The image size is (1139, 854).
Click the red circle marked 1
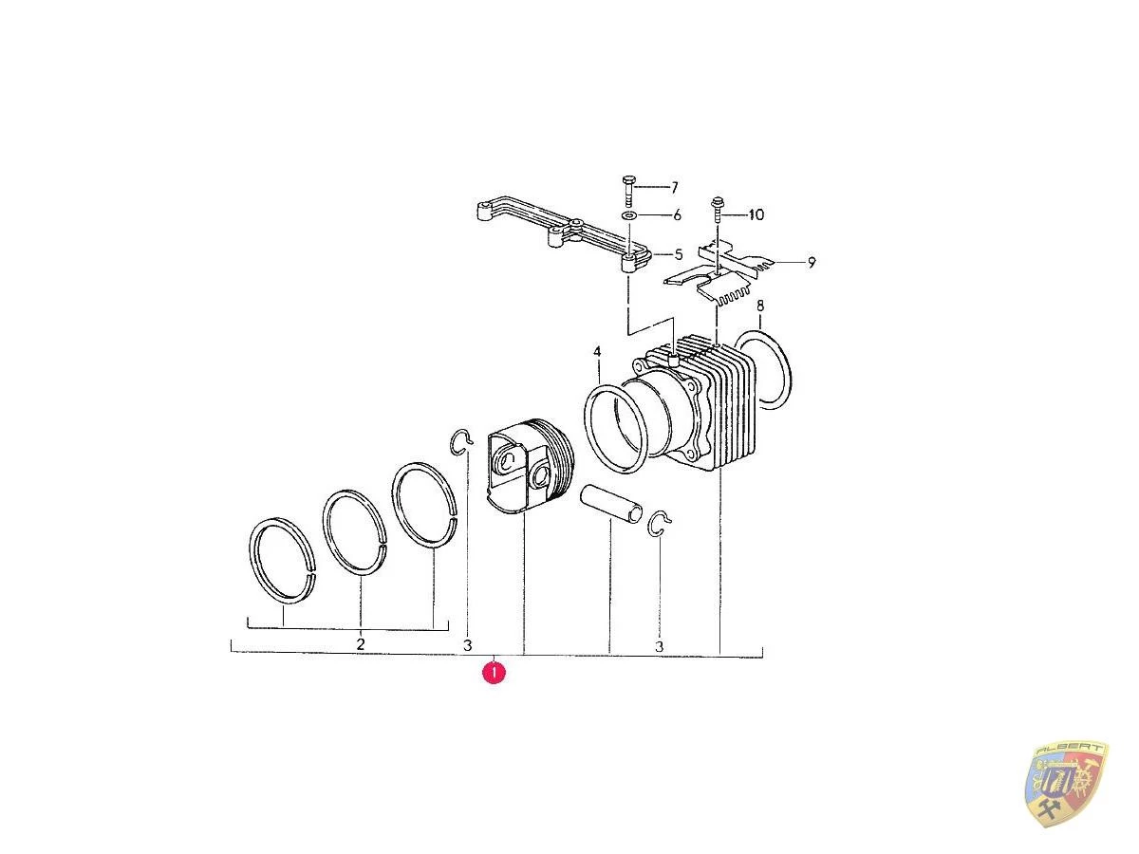[494, 673]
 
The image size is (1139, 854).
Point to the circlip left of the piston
[460, 441]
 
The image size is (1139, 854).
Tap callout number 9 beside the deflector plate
[812, 263]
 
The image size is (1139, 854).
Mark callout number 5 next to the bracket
[679, 255]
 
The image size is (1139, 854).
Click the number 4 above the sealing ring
[598, 352]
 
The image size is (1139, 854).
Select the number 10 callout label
[756, 215]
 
